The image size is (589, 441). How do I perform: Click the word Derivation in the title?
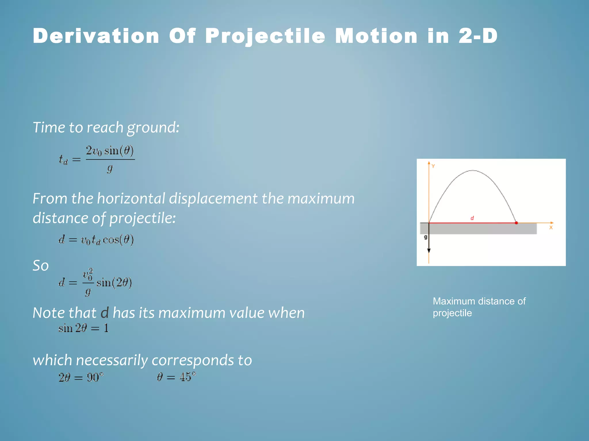click(x=96, y=36)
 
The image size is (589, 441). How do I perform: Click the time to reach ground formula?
click(x=97, y=159)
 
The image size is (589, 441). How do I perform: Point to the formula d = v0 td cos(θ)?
click(x=96, y=240)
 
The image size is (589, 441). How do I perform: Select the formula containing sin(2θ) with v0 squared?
click(x=95, y=282)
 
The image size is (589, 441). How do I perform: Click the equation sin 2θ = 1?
click(x=83, y=328)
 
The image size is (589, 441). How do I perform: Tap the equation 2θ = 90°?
click(x=81, y=377)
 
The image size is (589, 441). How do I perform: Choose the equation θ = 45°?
click(x=176, y=377)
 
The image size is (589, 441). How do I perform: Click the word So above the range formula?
click(x=41, y=266)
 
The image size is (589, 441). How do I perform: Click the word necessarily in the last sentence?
click(x=112, y=360)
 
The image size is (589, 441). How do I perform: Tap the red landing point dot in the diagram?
click(x=516, y=223)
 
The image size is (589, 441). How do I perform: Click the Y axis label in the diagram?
click(x=433, y=166)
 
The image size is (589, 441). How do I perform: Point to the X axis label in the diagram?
click(x=551, y=228)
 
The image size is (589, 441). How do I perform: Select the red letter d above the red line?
click(x=472, y=218)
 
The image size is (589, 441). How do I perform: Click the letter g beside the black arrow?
click(x=426, y=237)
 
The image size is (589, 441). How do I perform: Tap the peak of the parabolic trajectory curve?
click(x=473, y=171)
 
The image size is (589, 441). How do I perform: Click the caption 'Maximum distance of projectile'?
click(x=479, y=307)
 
